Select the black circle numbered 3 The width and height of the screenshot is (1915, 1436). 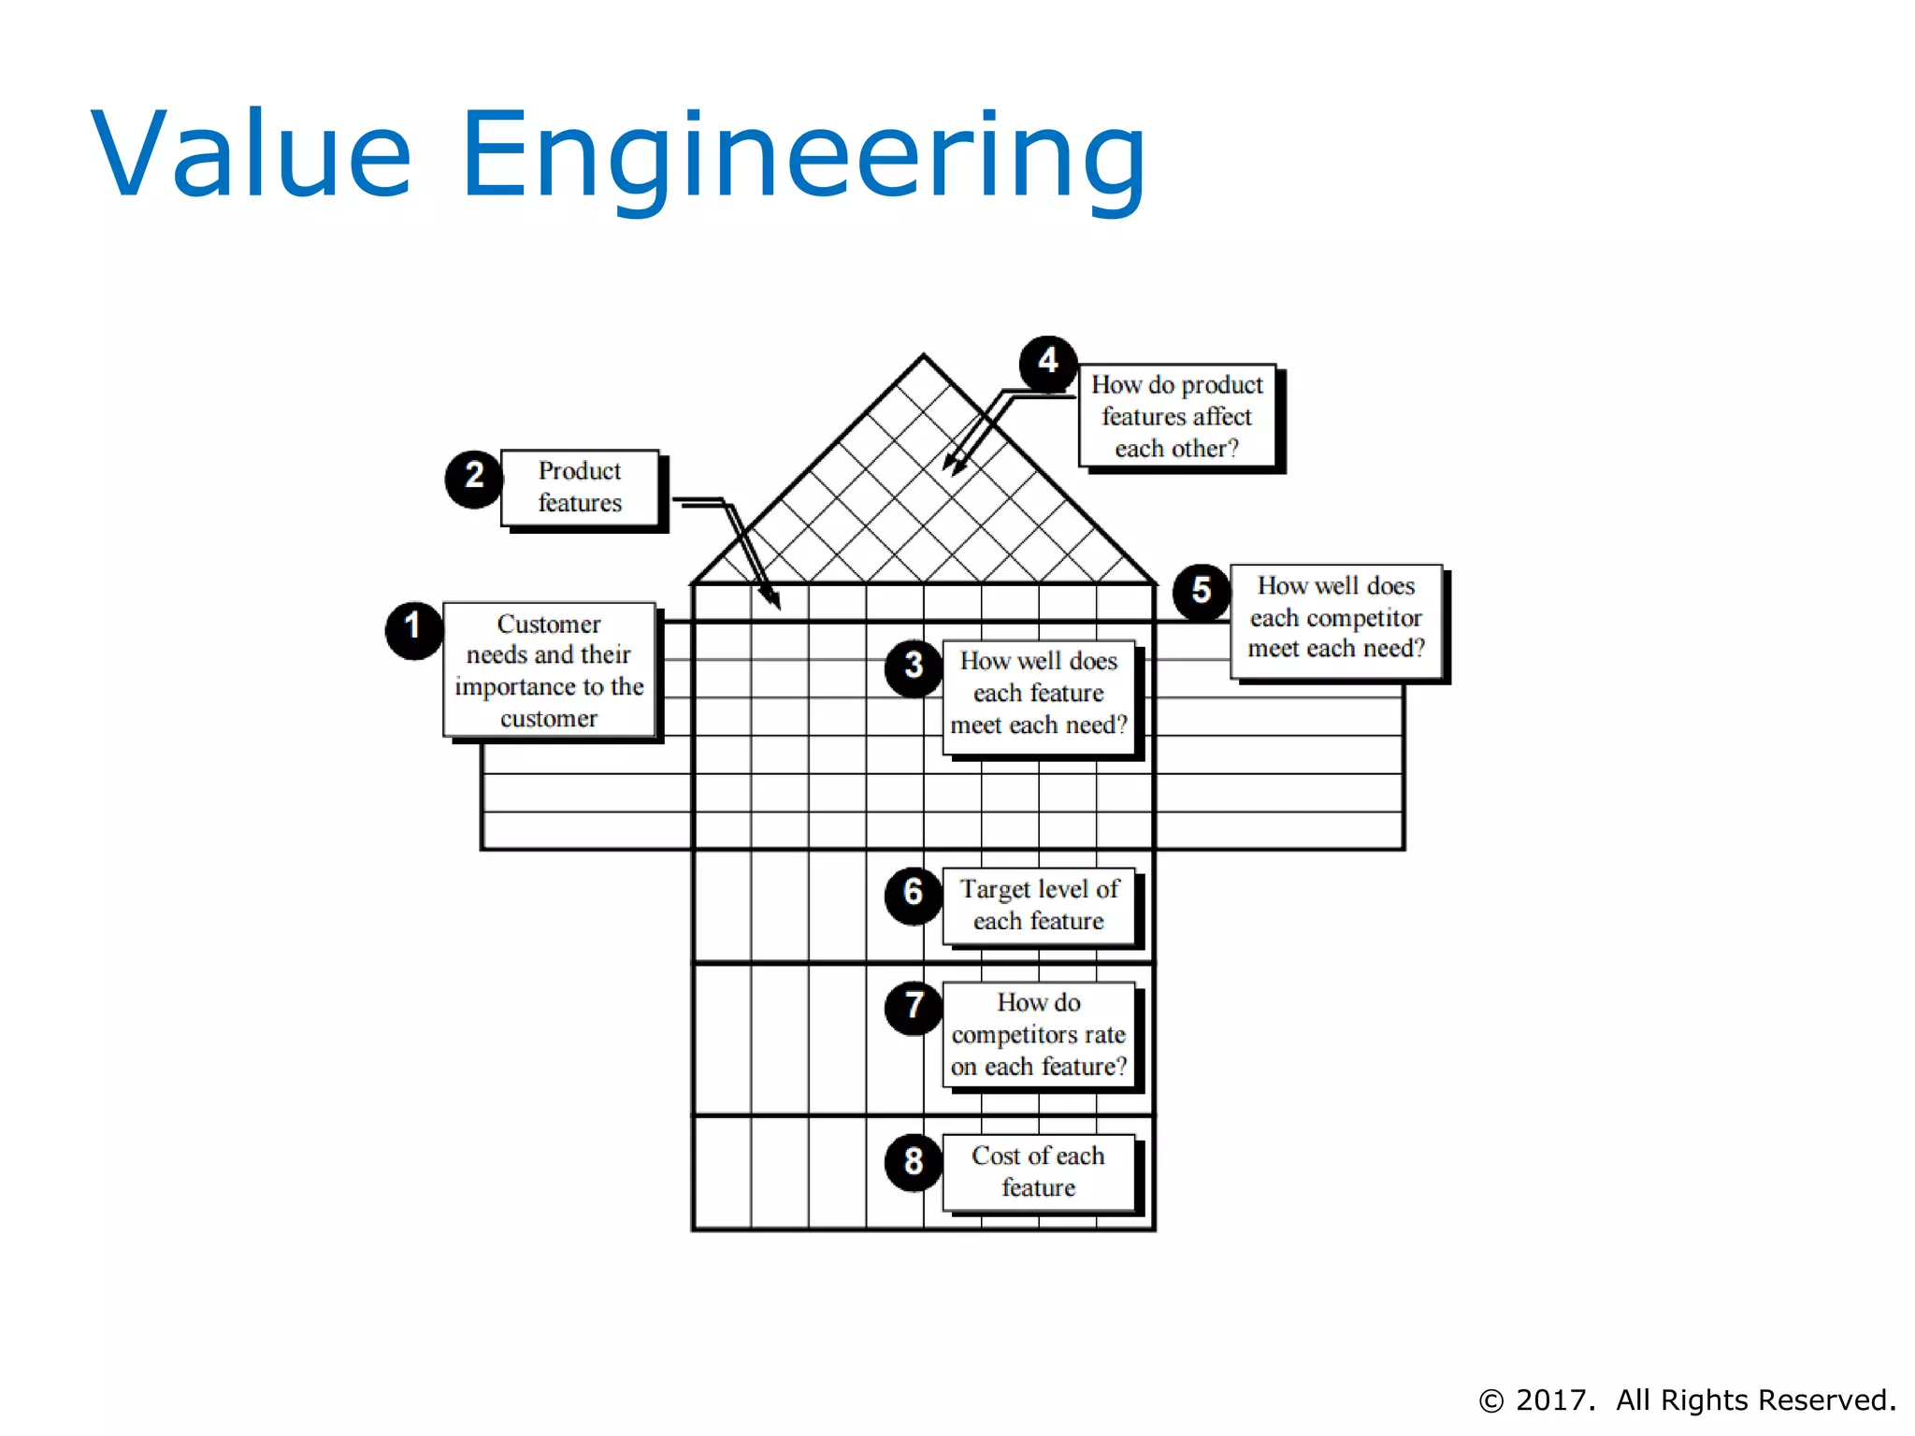pos(914,668)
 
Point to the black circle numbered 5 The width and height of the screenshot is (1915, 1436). pos(1202,593)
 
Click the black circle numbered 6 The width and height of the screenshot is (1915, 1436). pos(914,895)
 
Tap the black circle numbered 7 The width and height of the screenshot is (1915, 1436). pos(914,1008)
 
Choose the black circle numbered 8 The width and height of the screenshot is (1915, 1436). pos(914,1162)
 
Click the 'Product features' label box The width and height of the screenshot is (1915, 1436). pos(580,488)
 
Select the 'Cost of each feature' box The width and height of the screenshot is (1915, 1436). pos(1039,1172)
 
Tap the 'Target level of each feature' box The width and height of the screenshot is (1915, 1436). pos(1039,906)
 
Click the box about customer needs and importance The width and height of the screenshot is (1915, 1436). pos(549,670)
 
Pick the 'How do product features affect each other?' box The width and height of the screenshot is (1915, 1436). pos(1177,416)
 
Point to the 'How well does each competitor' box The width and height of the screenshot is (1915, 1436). pos(1336,619)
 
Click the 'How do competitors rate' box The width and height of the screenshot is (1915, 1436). pos(1039,1035)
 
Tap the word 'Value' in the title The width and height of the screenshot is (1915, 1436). pos(251,154)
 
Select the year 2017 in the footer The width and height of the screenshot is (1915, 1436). pos(1554,1400)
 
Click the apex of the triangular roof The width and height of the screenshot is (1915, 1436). pos(924,356)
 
